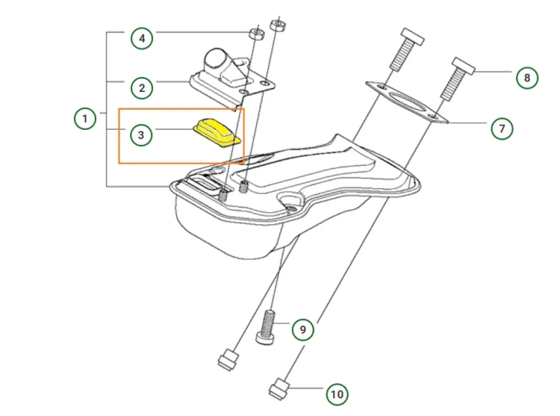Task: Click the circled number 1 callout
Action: (x=85, y=118)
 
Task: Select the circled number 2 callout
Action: (x=142, y=88)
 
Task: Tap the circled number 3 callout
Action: (x=141, y=134)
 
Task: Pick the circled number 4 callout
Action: (x=142, y=38)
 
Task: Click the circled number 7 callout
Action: (x=502, y=128)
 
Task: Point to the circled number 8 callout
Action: (x=527, y=78)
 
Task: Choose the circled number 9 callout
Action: (x=303, y=329)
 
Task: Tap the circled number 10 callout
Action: (x=337, y=394)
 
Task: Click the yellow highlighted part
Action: (x=217, y=133)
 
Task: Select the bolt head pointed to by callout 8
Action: (x=464, y=66)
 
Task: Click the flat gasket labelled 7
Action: (x=406, y=102)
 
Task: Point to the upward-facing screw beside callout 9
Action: (x=267, y=327)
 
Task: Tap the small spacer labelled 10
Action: (x=279, y=390)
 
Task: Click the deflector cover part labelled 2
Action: (x=232, y=75)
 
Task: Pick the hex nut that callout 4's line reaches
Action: (x=256, y=34)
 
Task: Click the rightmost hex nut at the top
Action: (x=278, y=25)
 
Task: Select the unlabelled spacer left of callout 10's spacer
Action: (x=228, y=360)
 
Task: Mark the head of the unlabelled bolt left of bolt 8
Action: (x=412, y=37)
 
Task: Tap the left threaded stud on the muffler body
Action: (x=223, y=195)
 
